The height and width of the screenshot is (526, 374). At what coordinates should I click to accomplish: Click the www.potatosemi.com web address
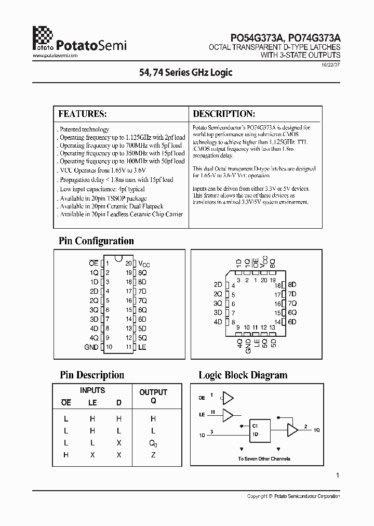pos(55,55)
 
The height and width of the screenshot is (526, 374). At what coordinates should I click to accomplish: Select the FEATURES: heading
pos(82,114)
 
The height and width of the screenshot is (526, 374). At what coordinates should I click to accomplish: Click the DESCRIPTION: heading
pos(223,114)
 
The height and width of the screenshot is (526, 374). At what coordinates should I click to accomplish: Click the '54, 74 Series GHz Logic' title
pos(186,73)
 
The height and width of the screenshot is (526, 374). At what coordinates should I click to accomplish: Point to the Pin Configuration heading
pos(97,241)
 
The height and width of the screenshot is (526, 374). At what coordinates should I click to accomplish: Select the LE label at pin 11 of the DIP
pos(142,347)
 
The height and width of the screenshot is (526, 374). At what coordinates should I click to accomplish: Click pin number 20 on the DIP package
pos(128,264)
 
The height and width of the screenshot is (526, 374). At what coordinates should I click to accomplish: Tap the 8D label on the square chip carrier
pos(292,285)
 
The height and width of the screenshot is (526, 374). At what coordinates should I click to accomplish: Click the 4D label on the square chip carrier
pos(218,322)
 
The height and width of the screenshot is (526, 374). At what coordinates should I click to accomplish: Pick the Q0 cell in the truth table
pos(153,443)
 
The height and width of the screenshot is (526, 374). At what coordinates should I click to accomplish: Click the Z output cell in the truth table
pos(153,455)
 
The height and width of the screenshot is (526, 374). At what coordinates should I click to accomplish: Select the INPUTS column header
pos(92,390)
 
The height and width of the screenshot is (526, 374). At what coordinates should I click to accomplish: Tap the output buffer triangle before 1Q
pos(292,430)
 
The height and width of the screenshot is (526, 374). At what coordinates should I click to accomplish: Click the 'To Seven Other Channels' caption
pos(264,459)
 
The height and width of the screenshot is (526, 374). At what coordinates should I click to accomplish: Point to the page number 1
pos(338,475)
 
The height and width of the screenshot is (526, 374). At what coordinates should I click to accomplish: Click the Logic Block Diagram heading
pos(243,375)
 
